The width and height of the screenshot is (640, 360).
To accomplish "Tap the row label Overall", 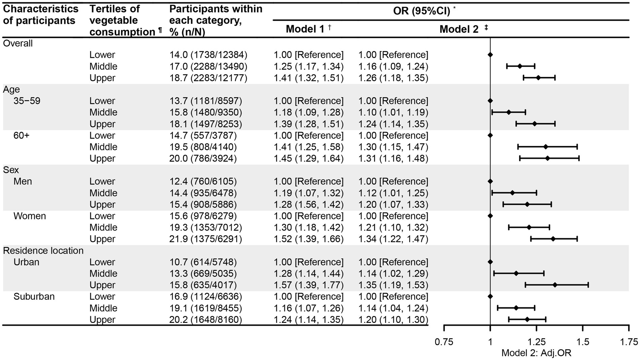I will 18,43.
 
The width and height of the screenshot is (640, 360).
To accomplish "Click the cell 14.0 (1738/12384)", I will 208,55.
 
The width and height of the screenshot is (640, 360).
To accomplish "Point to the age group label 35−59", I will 27,101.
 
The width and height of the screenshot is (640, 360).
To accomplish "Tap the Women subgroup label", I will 30,216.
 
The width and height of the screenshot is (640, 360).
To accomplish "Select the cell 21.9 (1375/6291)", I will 205,239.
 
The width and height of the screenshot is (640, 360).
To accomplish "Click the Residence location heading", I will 43,251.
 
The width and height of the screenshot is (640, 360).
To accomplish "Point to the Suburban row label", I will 34,296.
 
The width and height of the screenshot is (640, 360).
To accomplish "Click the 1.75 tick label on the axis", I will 628,342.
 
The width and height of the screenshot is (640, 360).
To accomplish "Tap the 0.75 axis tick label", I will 444,342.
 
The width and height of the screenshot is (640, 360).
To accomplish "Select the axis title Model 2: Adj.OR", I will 536,353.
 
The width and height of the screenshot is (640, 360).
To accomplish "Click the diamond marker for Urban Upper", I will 555,285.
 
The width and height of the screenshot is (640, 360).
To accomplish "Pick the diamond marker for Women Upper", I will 553,239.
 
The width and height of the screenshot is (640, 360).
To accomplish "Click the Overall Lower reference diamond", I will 490,55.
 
